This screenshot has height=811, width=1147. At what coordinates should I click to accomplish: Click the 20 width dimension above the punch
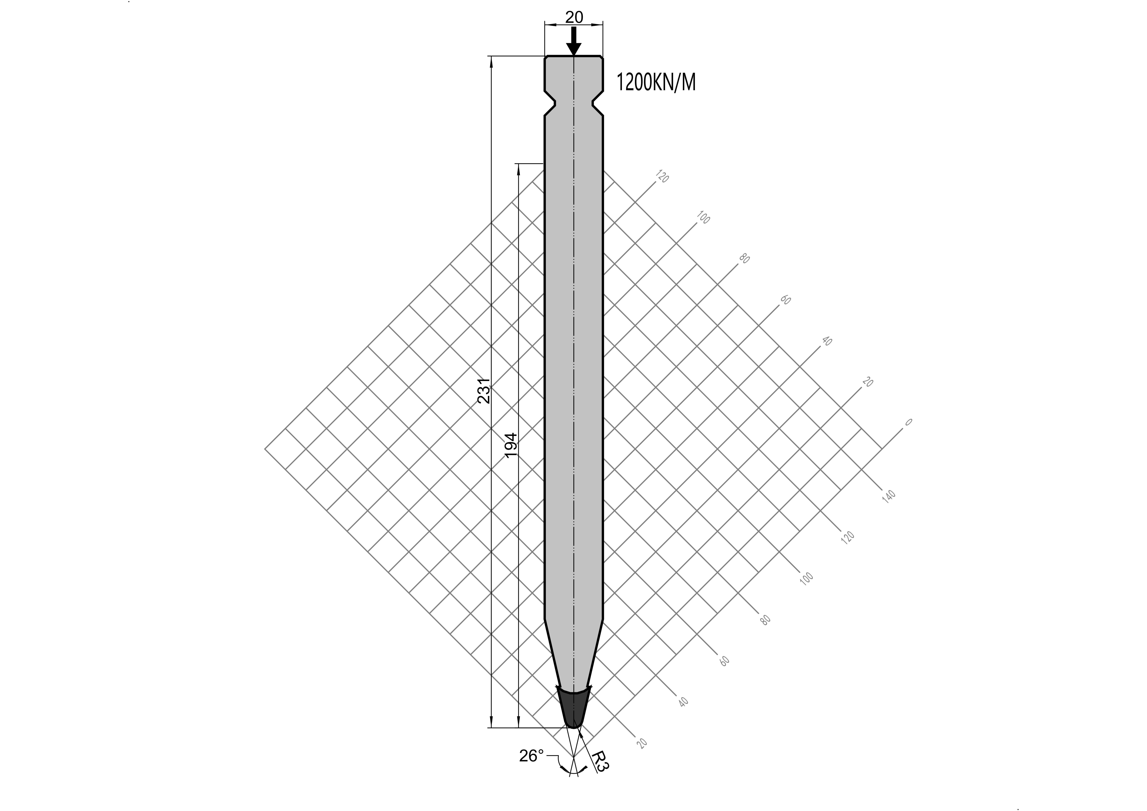574,18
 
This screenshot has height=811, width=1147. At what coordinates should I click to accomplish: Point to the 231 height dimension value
484,390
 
